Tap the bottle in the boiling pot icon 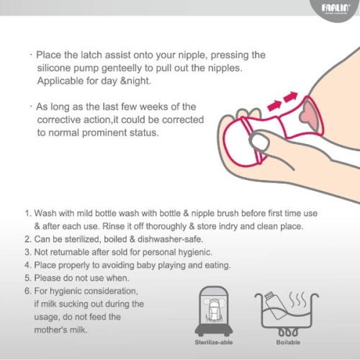coord(279,303)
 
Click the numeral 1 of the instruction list coord(27,215)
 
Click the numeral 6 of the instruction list coord(27,291)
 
